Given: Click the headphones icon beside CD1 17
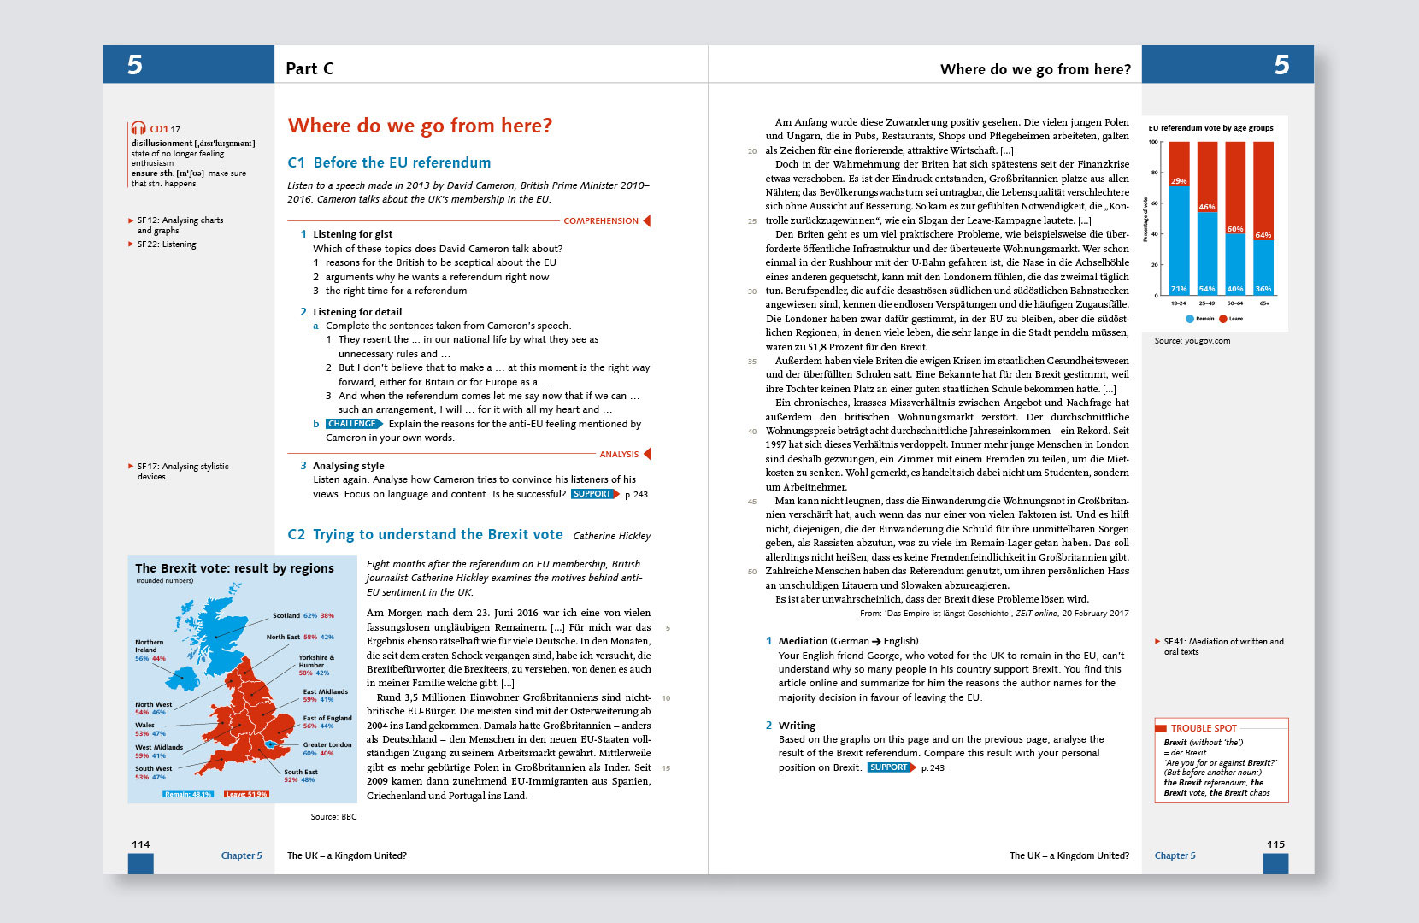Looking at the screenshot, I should click(x=138, y=129).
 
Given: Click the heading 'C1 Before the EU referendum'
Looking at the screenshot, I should click(x=389, y=162).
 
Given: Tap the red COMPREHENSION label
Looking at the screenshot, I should click(x=601, y=220).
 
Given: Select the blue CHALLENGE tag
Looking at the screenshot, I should click(x=352, y=424).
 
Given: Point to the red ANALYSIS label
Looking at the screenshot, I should click(x=619, y=454).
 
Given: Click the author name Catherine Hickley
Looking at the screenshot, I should click(x=611, y=536).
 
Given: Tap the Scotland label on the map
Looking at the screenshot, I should click(x=286, y=615).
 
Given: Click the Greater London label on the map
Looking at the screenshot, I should click(x=327, y=744).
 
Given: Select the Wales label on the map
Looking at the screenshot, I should click(x=144, y=725).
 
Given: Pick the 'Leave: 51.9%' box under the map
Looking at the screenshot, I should click(x=246, y=794).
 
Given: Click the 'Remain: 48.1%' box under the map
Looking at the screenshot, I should click(x=188, y=794).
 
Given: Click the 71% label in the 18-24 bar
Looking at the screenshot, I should click(x=1179, y=289).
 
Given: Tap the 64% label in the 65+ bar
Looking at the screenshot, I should click(x=1263, y=235).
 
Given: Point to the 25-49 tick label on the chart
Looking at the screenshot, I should click(x=1207, y=303).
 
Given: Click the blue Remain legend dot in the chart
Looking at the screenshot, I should click(x=1190, y=319).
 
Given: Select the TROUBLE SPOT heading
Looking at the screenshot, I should click(x=1204, y=728).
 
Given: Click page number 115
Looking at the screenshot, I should click(x=1275, y=844).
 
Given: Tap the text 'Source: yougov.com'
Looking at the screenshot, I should click(x=1192, y=341).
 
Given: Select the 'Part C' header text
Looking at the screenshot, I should click(x=309, y=69).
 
